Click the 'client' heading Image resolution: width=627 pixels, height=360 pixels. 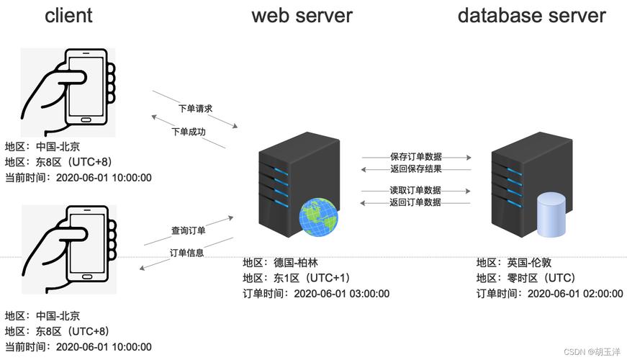pos(68,15)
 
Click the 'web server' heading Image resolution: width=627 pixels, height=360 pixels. pos(302,15)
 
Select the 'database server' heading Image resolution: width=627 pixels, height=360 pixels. pos(531,15)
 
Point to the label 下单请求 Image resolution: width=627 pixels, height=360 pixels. pos(196,109)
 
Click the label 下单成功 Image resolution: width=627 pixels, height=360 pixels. pos(189,132)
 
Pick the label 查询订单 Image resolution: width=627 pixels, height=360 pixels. pos(189,230)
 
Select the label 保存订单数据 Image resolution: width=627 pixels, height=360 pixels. pos(416,156)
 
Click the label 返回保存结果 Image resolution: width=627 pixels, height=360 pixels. pos(415,169)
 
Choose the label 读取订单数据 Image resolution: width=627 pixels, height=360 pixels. pos(415,190)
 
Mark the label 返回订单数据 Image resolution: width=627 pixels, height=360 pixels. pos(415,202)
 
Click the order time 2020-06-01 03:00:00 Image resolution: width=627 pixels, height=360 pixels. pos(341,293)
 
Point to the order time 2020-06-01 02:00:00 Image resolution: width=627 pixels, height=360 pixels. pos(574,293)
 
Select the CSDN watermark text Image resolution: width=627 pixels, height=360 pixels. pos(592,352)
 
